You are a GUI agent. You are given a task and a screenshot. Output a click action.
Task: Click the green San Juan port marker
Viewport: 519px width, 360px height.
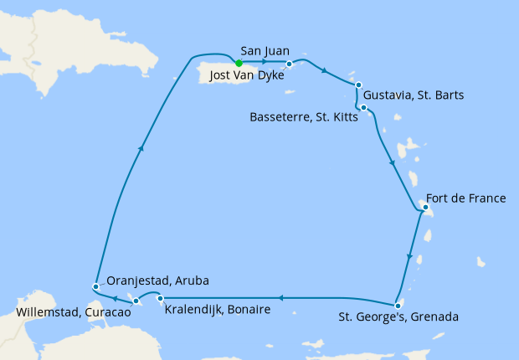click(239, 63)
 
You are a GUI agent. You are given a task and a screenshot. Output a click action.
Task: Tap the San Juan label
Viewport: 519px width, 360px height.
click(265, 50)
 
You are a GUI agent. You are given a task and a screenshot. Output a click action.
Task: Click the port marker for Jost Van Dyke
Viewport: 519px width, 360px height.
click(290, 64)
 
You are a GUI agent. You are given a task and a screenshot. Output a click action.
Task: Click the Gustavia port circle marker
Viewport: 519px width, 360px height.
click(357, 85)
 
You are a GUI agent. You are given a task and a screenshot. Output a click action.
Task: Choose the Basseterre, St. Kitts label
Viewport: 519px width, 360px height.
click(304, 117)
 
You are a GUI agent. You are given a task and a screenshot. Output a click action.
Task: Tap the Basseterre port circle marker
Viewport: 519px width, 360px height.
click(365, 108)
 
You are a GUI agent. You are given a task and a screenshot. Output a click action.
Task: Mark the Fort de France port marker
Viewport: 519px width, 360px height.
click(425, 207)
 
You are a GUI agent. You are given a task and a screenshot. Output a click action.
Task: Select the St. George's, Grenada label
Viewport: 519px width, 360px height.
click(398, 317)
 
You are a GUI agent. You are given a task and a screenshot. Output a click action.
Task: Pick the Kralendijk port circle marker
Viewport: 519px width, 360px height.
click(159, 298)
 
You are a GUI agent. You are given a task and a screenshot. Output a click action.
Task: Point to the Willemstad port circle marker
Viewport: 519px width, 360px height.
click(136, 300)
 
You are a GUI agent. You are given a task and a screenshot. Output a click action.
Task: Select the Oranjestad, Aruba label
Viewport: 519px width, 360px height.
click(155, 280)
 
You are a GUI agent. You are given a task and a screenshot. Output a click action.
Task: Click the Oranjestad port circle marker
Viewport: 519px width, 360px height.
click(96, 286)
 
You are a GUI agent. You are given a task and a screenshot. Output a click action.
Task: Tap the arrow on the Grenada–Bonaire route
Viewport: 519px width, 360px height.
click(281, 297)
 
